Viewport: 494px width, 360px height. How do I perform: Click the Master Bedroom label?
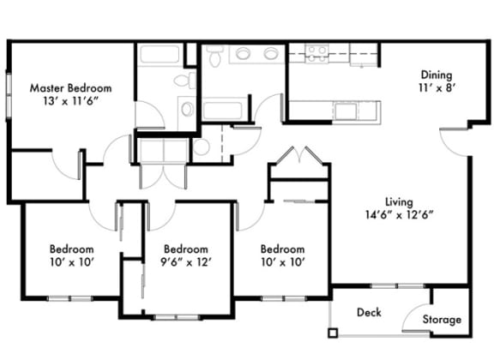(x=70, y=88)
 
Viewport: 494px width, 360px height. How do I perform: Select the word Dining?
(x=437, y=75)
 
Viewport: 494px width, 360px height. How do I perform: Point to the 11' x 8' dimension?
(x=437, y=87)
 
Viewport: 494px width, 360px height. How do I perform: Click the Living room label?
(x=399, y=202)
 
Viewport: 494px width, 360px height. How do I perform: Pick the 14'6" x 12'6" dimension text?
(x=399, y=215)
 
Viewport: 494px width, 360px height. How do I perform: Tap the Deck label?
(x=369, y=312)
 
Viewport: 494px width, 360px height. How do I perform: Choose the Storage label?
(x=442, y=320)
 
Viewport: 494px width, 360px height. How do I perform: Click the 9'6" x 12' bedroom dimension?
(x=185, y=262)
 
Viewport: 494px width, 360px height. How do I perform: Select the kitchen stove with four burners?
(x=317, y=53)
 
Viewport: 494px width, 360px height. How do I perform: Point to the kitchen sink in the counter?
(x=346, y=111)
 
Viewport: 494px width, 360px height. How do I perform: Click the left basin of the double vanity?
(x=243, y=53)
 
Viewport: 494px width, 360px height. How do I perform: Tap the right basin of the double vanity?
(x=270, y=53)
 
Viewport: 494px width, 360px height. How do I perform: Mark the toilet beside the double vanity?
(x=215, y=56)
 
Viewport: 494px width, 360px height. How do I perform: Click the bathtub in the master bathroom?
(x=160, y=55)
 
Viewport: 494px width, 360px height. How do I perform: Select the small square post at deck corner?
(x=333, y=333)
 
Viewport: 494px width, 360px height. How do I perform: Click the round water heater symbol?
(x=201, y=147)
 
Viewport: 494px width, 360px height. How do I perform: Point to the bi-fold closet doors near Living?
(x=299, y=155)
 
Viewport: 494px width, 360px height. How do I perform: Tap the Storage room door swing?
(x=416, y=317)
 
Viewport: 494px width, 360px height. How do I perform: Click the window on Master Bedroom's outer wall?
(x=9, y=96)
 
